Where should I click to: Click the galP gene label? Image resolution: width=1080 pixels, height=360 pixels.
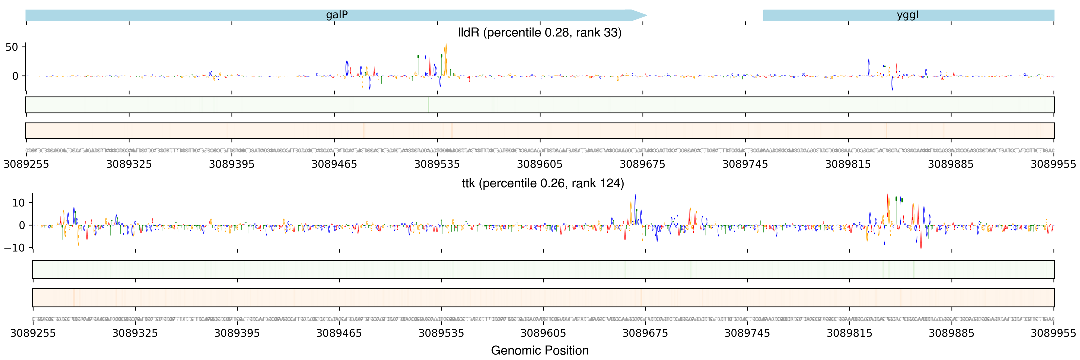(337, 15)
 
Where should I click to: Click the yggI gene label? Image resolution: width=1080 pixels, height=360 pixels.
(908, 15)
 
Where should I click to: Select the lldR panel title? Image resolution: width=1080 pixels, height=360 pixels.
(539, 33)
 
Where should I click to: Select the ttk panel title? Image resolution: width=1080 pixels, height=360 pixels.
(543, 183)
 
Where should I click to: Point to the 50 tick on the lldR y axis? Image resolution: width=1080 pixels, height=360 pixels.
(12, 47)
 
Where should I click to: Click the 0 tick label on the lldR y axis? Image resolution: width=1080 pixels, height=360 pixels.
(15, 76)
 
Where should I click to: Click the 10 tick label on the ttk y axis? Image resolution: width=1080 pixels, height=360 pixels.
(18, 203)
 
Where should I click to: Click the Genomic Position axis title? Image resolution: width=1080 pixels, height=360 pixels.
(539, 350)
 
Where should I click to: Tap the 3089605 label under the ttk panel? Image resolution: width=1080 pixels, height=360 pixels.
(543, 333)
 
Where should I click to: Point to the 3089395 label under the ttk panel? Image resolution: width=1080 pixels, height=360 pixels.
(237, 333)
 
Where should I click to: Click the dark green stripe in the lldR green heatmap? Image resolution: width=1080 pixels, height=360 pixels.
(428, 105)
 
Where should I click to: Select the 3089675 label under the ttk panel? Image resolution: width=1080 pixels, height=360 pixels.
(645, 333)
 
